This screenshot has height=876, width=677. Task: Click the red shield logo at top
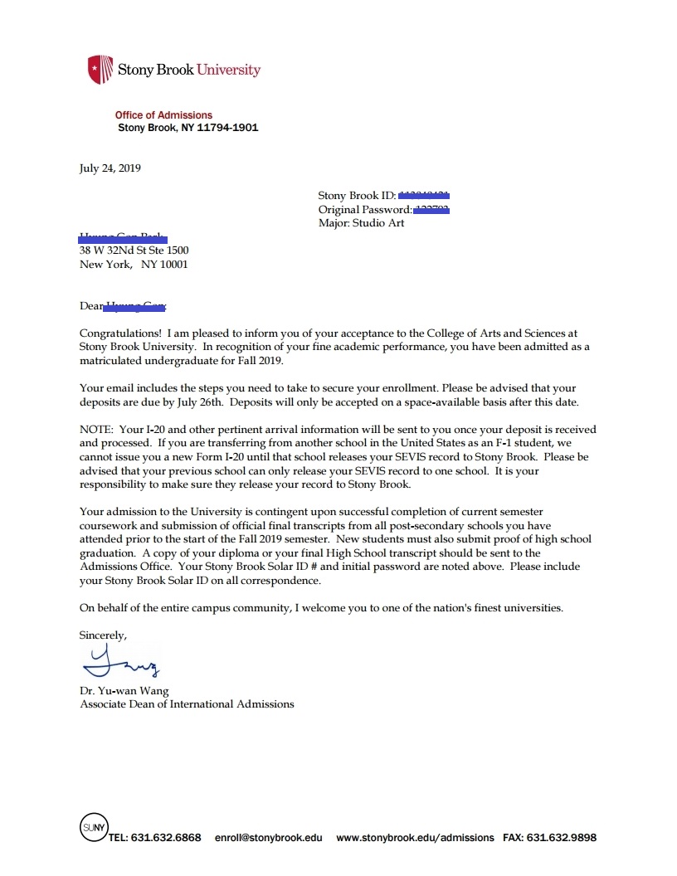[x=100, y=69]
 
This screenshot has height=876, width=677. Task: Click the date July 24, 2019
[x=110, y=168]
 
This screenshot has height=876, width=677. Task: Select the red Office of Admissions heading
[x=163, y=115]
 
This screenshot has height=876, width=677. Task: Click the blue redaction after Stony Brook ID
[x=424, y=195]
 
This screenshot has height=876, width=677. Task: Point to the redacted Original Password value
[x=431, y=209]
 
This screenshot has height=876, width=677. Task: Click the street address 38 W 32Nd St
[x=116, y=251]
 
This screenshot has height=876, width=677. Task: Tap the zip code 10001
[x=176, y=265]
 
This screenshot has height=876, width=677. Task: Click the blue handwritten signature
[x=121, y=663]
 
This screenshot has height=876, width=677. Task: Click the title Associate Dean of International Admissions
[x=187, y=704]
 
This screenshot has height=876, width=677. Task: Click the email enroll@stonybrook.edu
[x=269, y=838]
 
